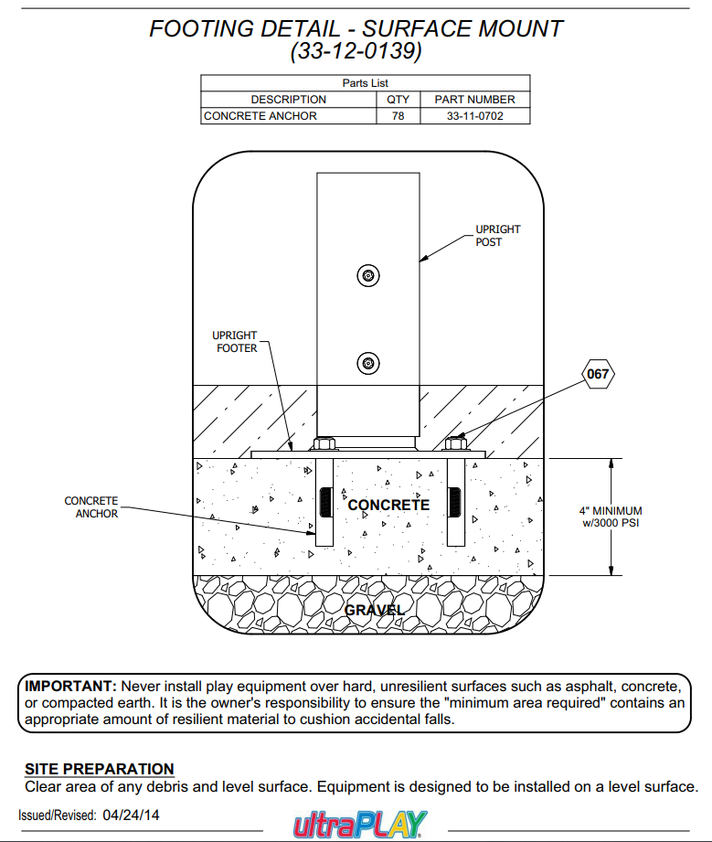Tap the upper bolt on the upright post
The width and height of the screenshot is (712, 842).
tap(367, 275)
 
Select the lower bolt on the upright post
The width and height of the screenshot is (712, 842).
tap(367, 362)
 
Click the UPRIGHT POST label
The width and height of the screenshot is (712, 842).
tap(497, 236)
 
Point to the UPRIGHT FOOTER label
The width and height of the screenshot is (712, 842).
tap(236, 342)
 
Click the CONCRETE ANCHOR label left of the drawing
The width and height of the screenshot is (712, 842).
tap(90, 507)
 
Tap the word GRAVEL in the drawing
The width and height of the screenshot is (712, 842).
tap(375, 609)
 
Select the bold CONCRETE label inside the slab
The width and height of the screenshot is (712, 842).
tap(388, 505)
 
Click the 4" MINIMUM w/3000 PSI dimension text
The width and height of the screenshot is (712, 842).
tap(611, 517)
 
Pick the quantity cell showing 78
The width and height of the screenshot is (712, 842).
tap(398, 116)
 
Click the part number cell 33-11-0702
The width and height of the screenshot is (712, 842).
tap(474, 116)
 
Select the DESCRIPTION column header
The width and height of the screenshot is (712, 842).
tap(288, 100)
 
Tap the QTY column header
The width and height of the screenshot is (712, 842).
tap(398, 100)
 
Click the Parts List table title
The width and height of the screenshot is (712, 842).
tap(365, 83)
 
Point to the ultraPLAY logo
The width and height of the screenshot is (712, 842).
tap(359, 824)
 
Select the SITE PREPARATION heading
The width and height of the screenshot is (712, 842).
tap(99, 769)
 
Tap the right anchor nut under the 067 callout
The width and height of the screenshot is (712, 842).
tap(456, 445)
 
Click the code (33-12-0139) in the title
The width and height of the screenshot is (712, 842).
tap(356, 52)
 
